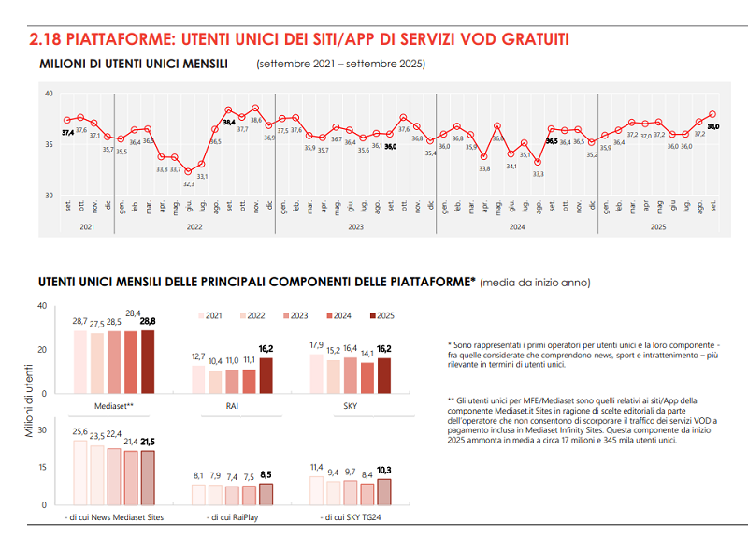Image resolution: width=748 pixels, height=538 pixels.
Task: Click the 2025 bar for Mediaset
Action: [147, 361]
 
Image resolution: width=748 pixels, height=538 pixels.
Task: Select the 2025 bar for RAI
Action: [266, 375]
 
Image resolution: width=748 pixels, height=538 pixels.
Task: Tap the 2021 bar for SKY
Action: [316, 373]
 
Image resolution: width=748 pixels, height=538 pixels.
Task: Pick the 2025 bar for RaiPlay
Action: [266, 493]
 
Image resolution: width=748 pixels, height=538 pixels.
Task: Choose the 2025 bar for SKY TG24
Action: [383, 491]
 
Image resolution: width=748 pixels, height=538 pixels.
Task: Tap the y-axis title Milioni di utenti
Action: [30, 404]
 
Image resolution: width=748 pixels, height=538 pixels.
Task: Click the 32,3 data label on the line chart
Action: [188, 184]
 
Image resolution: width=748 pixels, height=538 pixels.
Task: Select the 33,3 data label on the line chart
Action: [539, 174]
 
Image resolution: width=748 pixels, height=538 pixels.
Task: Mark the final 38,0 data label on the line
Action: [712, 125]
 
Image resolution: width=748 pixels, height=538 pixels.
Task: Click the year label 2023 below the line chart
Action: [355, 226]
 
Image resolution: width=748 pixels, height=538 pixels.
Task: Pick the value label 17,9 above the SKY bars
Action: [316, 345]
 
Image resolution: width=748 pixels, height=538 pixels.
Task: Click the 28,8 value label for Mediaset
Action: [147, 321]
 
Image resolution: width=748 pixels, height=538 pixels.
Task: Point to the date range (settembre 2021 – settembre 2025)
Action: [340, 65]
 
